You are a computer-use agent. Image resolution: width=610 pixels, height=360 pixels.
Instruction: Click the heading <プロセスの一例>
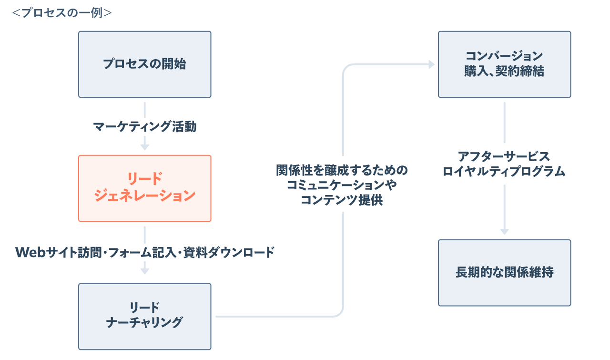(x=62, y=13)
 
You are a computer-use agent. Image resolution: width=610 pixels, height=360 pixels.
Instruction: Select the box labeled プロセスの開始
(x=144, y=64)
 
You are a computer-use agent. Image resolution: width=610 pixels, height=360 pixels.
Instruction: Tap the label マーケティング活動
(x=144, y=127)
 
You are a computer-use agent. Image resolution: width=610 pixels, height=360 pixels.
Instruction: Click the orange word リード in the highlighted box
(x=144, y=179)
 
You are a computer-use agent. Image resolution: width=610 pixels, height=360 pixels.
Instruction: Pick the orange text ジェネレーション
(x=144, y=195)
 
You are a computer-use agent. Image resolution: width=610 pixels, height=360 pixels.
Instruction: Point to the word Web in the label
(x=30, y=252)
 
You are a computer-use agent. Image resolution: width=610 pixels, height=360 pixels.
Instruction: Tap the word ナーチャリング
(x=144, y=323)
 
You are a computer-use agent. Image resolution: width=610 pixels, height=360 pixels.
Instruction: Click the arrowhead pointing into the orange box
(x=144, y=147)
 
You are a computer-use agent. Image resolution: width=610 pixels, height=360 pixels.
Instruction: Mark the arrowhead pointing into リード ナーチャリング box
(x=144, y=270)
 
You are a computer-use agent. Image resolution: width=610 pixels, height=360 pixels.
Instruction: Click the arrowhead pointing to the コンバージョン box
(x=431, y=64)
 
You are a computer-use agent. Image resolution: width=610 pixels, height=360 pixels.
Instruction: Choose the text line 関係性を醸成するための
(x=342, y=170)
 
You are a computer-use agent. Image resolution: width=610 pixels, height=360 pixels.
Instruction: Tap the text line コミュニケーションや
(x=342, y=185)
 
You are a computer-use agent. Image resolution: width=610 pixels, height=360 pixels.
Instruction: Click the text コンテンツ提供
(x=342, y=200)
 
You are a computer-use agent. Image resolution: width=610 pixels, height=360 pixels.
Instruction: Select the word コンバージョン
(x=504, y=56)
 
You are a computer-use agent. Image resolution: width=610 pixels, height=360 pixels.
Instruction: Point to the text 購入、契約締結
(x=504, y=72)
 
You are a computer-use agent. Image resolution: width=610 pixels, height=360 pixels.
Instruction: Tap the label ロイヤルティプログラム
(x=504, y=172)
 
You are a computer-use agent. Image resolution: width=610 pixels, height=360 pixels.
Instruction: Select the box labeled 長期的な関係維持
(x=504, y=273)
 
